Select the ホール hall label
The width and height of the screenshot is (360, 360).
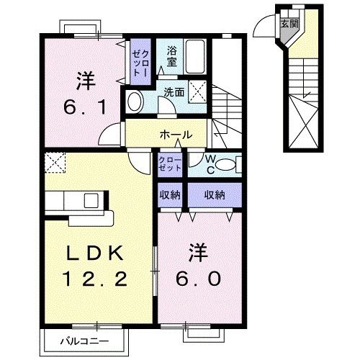176,135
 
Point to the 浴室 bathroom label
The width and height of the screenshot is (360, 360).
173,56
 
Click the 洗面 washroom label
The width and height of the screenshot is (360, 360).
173,92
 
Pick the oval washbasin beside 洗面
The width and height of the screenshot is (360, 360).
135,102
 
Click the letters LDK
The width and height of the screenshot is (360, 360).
96,253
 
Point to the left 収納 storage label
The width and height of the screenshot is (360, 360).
171,194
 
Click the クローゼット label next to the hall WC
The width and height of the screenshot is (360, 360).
171,163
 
